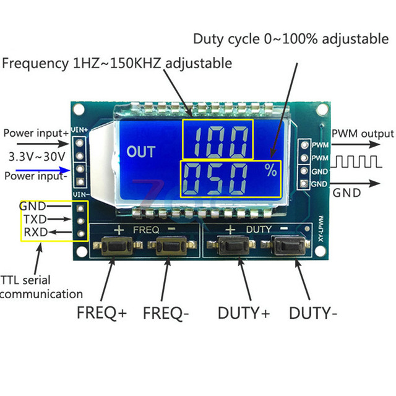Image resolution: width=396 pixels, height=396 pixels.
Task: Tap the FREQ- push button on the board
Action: click(172, 246)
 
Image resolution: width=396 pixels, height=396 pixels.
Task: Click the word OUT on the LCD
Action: click(141, 152)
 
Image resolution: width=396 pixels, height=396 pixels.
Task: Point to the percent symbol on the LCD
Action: click(271, 170)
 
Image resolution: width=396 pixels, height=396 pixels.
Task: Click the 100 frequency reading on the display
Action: click(219, 142)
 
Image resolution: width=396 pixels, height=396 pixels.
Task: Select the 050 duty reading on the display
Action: click(215, 179)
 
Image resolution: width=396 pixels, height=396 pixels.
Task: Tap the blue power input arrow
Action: click(43, 170)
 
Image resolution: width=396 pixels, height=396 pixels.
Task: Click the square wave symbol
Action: click(356, 161)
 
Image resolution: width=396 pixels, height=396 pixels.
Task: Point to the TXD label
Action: click(35, 219)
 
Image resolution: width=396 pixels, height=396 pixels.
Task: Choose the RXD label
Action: click(36, 232)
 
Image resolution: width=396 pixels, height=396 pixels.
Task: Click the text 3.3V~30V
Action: click(37, 157)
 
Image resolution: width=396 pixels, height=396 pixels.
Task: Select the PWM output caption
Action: click(363, 134)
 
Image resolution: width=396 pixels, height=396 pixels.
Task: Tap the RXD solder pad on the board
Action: click(81, 234)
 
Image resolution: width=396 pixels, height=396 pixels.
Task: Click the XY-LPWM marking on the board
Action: click(321, 228)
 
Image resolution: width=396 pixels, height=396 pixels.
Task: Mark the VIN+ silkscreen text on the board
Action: click(80, 130)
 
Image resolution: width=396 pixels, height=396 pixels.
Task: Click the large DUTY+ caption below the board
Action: click(244, 313)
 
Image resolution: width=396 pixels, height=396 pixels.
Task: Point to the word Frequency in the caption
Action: click(35, 63)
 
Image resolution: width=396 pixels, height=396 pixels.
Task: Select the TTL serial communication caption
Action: click(41, 287)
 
